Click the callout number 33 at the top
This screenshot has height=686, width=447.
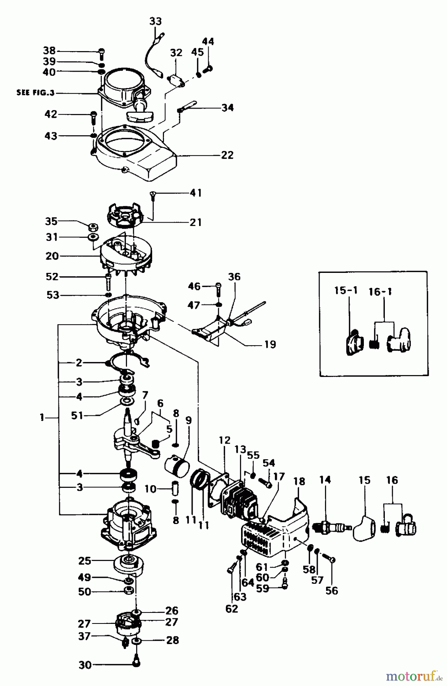(155, 21)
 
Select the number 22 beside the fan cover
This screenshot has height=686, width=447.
(227, 155)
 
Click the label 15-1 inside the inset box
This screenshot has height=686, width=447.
(346, 290)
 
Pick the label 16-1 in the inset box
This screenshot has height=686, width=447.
(380, 292)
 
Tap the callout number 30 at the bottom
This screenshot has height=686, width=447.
(85, 665)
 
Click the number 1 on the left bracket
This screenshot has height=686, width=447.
(42, 418)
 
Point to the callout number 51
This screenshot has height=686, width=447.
(77, 415)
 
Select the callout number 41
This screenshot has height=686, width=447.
(196, 193)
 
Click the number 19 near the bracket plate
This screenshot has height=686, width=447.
(270, 345)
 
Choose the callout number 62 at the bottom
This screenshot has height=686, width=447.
(232, 609)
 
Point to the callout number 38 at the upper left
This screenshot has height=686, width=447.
(49, 51)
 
